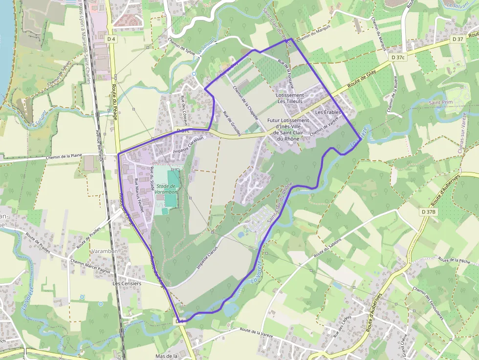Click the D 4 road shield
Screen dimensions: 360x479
[112, 39]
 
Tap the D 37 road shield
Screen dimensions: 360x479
[457, 39]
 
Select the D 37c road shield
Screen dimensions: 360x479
[398, 57]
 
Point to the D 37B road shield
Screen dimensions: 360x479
[428, 212]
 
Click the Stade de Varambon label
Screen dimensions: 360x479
[167, 189]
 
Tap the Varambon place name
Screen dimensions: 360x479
[104, 251]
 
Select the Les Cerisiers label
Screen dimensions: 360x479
[127, 283]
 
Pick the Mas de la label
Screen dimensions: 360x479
[166, 356]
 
